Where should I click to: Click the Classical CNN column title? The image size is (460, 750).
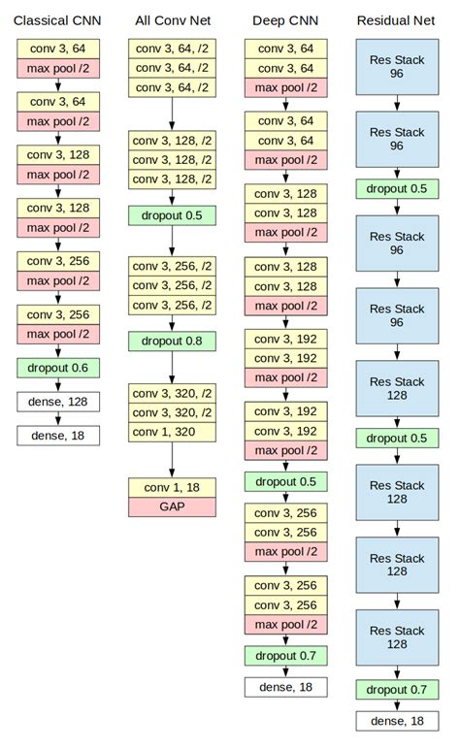click(x=57, y=19)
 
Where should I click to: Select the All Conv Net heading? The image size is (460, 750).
click(x=172, y=19)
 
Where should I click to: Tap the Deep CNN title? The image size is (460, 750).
click(x=285, y=19)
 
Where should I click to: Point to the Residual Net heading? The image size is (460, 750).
click(x=396, y=19)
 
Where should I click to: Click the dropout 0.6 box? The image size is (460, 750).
click(x=57, y=368)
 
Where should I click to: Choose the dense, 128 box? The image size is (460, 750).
click(x=57, y=402)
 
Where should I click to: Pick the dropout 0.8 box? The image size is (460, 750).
click(x=172, y=341)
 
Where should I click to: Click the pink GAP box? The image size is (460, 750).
click(x=172, y=506)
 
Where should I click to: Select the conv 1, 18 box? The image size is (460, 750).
click(x=172, y=487)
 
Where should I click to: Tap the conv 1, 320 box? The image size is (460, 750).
click(x=172, y=432)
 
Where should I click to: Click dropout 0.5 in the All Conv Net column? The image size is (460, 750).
click(x=172, y=215)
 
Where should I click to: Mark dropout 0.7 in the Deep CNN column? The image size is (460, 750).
click(x=285, y=656)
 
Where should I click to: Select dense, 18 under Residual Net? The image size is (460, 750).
click(x=396, y=721)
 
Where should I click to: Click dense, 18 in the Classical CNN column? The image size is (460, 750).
click(x=57, y=436)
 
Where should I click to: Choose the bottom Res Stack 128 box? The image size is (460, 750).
click(x=396, y=636)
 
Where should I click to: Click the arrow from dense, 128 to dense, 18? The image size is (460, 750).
click(x=57, y=418)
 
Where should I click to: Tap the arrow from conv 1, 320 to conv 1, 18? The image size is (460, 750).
click(x=172, y=459)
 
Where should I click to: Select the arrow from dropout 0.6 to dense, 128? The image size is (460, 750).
click(x=57, y=384)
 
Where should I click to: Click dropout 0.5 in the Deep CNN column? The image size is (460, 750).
click(x=285, y=482)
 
